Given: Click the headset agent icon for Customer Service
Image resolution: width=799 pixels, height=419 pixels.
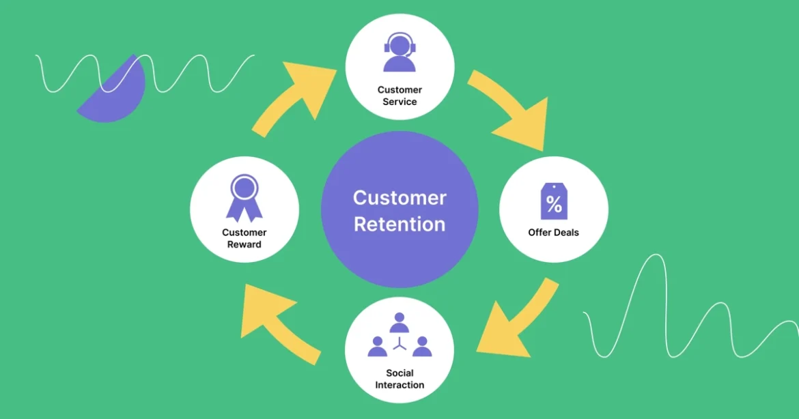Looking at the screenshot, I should click(399, 53).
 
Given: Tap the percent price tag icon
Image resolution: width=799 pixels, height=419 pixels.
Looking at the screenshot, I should click(554, 202).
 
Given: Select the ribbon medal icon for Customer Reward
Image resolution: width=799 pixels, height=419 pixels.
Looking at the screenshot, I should click(244, 197).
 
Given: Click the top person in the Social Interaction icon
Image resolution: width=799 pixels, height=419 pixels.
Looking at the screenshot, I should click(399, 323).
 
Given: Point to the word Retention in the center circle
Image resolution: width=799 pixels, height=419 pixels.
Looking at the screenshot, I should click(399, 224).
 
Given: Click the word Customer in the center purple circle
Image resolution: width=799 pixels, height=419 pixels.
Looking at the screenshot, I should click(399, 198).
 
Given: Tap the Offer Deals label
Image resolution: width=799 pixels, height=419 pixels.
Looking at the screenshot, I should click(553, 233).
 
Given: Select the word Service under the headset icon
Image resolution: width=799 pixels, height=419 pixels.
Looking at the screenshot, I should click(399, 102).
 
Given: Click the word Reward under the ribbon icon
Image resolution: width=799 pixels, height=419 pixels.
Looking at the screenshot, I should click(244, 244).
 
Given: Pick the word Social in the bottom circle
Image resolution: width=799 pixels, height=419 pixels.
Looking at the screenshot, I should click(399, 373).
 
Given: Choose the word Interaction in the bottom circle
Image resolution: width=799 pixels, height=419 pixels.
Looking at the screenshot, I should click(399, 385).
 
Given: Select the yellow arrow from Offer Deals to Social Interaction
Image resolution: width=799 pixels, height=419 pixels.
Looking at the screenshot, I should click(519, 321).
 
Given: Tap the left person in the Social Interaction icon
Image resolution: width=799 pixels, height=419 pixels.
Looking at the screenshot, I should click(377, 346).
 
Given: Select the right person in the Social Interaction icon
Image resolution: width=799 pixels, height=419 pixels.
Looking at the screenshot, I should click(422, 346).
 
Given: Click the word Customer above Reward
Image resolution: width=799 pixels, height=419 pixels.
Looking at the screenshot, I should click(244, 233).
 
